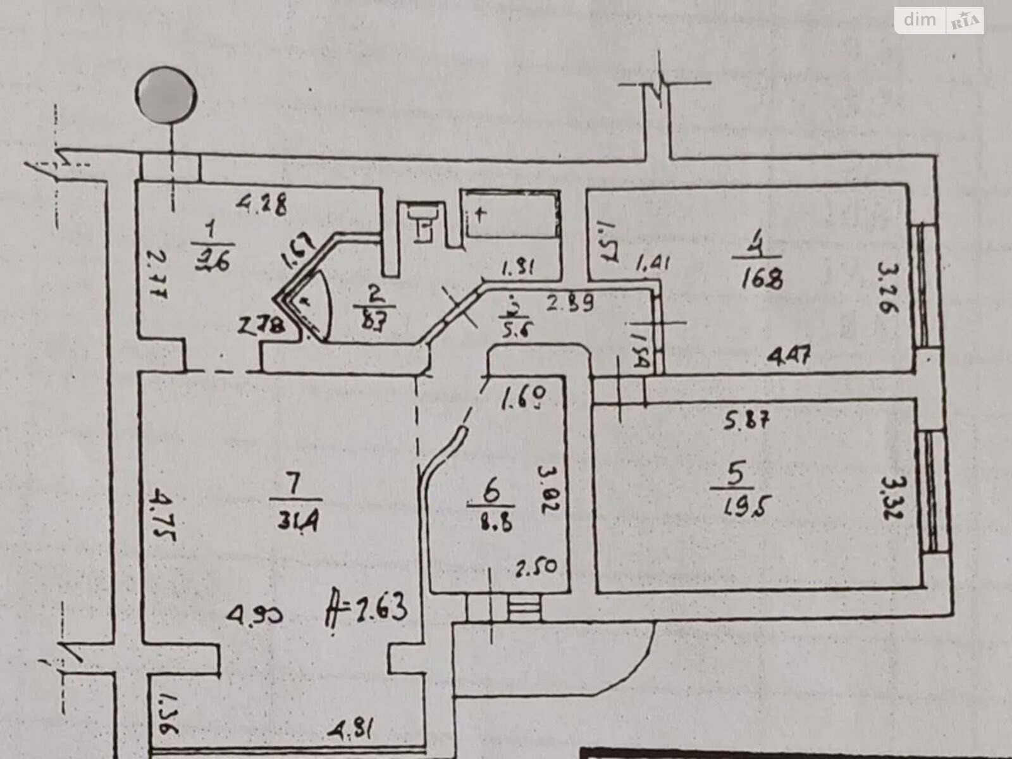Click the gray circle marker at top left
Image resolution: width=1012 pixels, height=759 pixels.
tap(166, 97)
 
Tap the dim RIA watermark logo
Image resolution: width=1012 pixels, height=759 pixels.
tap(939, 21)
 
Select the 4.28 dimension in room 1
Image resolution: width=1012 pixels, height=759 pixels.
tap(262, 204)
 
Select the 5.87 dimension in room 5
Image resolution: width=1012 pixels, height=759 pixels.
tap(748, 419)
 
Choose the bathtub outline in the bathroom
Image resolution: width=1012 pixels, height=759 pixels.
tap(511, 213)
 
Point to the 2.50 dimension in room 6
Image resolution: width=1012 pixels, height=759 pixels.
tap(536, 565)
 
